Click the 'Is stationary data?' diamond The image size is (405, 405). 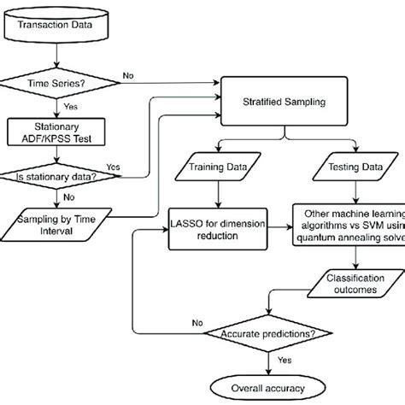(56, 177)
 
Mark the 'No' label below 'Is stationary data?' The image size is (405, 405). (67, 196)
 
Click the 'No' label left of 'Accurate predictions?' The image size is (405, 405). (198, 322)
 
